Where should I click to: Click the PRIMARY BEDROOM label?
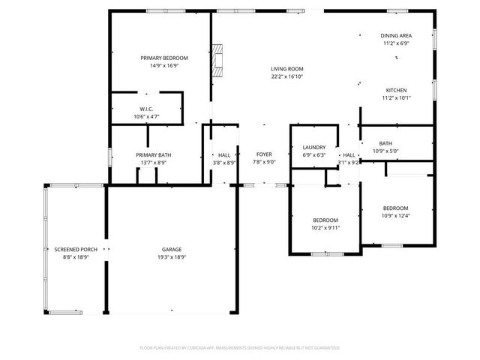click(164, 58)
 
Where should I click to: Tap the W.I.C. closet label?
click(146, 109)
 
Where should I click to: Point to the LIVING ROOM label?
click(287, 69)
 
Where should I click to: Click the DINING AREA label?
click(396, 35)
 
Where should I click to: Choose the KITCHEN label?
click(396, 90)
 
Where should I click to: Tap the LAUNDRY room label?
click(313, 148)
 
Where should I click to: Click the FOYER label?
click(263, 154)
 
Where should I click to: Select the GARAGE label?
click(172, 250)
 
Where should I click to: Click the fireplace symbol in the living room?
click(218, 61)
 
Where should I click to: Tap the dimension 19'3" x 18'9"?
click(172, 257)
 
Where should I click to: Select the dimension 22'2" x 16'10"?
click(287, 76)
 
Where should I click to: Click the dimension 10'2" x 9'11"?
click(325, 227)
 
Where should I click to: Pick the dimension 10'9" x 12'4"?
click(395, 216)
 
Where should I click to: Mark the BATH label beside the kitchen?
click(385, 143)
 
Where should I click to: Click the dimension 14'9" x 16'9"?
click(164, 65)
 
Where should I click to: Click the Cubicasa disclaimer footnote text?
click(240, 348)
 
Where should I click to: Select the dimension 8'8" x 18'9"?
click(76, 257)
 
